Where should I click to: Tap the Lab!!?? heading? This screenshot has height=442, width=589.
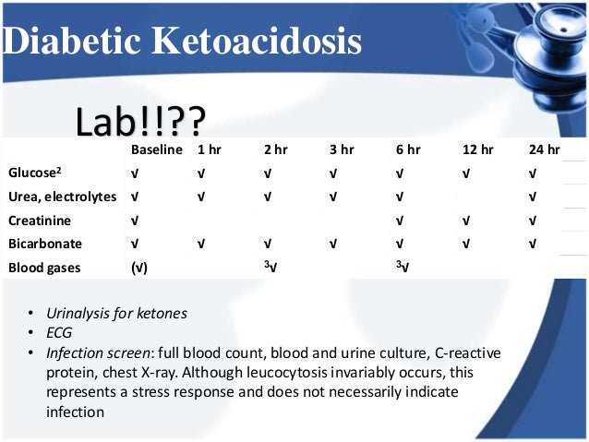[x=141, y=120]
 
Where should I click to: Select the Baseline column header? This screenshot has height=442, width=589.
[x=156, y=149]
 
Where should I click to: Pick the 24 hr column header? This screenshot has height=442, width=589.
[x=544, y=149]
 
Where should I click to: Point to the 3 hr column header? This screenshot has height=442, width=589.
[x=341, y=149]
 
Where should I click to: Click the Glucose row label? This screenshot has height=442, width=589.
[x=34, y=173]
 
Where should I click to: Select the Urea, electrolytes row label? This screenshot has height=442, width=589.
[x=62, y=197]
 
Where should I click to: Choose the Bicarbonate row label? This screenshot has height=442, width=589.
[x=44, y=245]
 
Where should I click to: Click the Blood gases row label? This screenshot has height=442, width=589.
[x=44, y=268]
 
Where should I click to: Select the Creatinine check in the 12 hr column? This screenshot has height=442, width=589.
[x=466, y=221]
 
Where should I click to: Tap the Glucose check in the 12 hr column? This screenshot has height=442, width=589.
[x=466, y=173]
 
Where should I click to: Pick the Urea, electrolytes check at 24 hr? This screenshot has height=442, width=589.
[x=533, y=197]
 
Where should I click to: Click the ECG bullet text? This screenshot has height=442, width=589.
[x=59, y=333]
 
